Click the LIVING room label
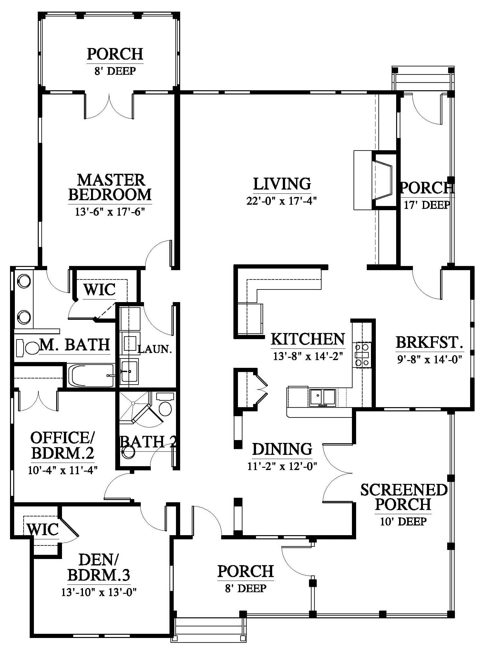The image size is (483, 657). (x=282, y=184)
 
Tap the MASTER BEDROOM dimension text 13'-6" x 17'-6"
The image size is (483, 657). (x=109, y=212)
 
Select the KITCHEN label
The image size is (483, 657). (x=308, y=339)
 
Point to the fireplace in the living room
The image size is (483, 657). (x=375, y=180)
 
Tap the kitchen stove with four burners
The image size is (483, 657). (x=362, y=355)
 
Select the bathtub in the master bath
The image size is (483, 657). (x=91, y=375)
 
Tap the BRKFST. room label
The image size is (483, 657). (x=429, y=342)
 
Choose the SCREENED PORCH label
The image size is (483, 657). (x=404, y=497)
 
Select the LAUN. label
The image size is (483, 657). (x=155, y=349)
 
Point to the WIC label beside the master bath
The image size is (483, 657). (x=99, y=289)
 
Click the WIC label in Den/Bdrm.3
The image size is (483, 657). (x=42, y=529)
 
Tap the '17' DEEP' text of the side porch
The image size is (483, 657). (x=427, y=205)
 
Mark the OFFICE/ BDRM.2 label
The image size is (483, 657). (x=63, y=445)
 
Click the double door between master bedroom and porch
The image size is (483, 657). (x=109, y=106)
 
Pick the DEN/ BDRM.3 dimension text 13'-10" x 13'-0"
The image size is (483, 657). (x=99, y=592)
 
